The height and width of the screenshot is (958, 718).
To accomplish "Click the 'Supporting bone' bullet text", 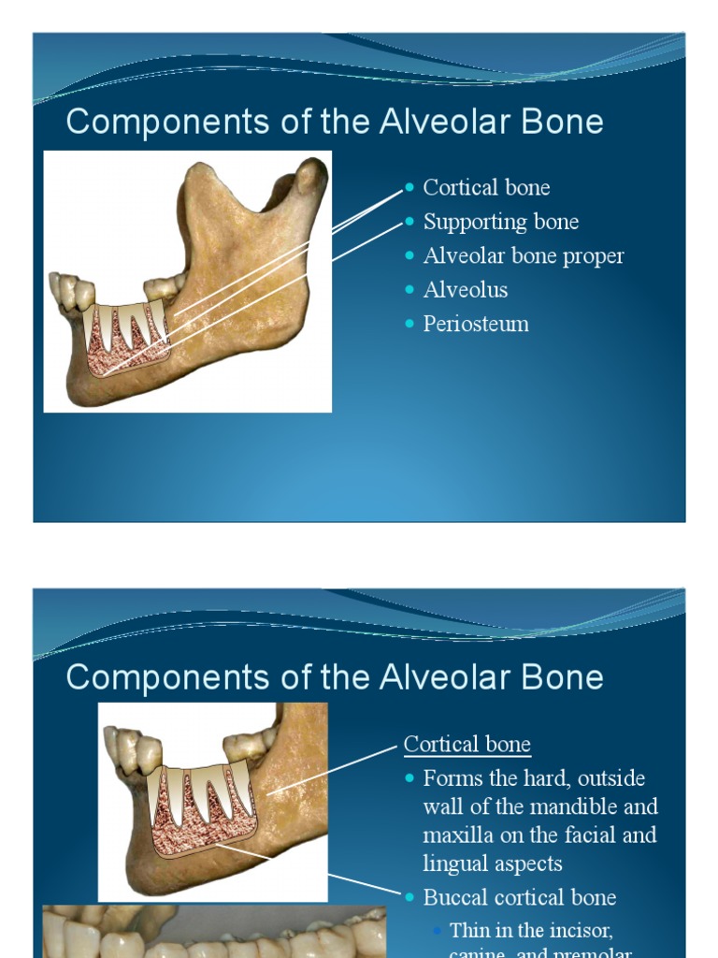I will pyautogui.click(x=500, y=222).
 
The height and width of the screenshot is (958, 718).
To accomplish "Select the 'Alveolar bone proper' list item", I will pyautogui.click(x=523, y=255).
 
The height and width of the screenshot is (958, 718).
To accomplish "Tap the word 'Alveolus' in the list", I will pyautogui.click(x=465, y=290).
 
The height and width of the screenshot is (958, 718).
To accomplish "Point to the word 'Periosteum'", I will pyautogui.click(x=475, y=324).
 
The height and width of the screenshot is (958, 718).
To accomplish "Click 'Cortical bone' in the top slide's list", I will pyautogui.click(x=486, y=187).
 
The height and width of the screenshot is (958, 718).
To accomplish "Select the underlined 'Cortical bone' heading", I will pyautogui.click(x=467, y=745).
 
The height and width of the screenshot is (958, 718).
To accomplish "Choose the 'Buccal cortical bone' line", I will pyautogui.click(x=519, y=897).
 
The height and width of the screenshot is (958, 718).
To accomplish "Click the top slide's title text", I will pyautogui.click(x=334, y=123).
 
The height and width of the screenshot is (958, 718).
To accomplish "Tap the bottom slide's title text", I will pyautogui.click(x=334, y=677).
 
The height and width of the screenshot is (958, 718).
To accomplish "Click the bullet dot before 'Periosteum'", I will pyautogui.click(x=409, y=324).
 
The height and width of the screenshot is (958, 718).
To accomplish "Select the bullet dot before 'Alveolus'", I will pyautogui.click(x=409, y=290).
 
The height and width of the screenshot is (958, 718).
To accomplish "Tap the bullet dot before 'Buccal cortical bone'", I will pyautogui.click(x=409, y=897).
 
